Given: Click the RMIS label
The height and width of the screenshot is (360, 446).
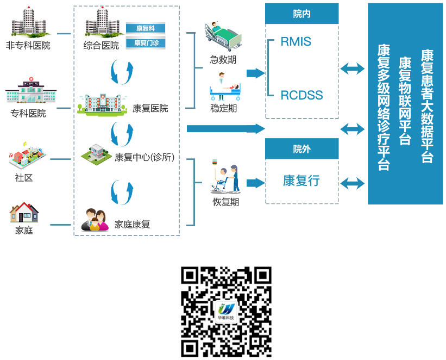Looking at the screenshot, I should (296, 41).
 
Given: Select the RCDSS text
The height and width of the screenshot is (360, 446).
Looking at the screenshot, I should (301, 96).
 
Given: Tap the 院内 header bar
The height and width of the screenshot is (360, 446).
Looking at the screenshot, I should (301, 14).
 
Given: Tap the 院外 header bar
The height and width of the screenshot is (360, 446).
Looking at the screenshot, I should (301, 148).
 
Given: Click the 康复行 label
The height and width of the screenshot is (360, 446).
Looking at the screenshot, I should (301, 181).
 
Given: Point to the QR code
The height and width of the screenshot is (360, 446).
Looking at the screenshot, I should (226, 312).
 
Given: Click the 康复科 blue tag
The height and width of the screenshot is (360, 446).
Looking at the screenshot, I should (145, 28).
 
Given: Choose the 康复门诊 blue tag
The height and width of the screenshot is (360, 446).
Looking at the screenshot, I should (145, 42).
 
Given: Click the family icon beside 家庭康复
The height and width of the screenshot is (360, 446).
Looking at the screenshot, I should (94, 219).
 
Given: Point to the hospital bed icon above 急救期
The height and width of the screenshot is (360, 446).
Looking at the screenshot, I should (222, 36).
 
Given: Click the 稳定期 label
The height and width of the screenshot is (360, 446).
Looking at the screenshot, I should (223, 108).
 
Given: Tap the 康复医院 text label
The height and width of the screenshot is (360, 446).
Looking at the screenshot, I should (150, 108).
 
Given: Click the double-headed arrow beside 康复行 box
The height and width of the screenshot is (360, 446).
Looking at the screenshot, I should (353, 183).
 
